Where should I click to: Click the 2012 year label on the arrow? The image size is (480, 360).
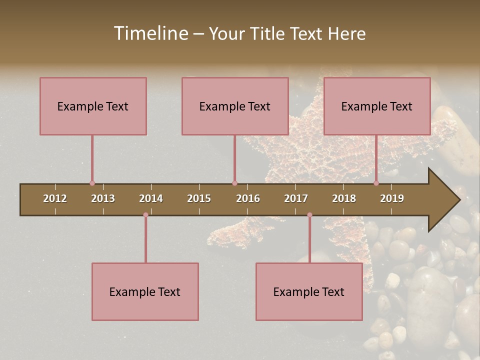point(55,198)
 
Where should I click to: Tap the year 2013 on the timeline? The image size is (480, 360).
point(103,198)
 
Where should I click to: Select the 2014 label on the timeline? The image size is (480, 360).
point(151,198)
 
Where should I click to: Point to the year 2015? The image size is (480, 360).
point(199,198)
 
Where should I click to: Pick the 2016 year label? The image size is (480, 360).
point(248,198)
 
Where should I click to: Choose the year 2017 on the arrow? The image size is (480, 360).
point(296,198)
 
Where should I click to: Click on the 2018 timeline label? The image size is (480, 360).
point(344,198)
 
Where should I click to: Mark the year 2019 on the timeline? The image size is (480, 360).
point(392,198)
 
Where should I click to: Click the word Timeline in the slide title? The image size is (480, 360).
point(150,33)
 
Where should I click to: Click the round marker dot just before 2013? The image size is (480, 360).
point(92,183)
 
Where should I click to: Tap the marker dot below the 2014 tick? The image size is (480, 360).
point(145,215)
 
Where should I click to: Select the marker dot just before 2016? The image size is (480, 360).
point(234,183)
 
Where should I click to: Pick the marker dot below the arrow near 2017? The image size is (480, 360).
point(309,215)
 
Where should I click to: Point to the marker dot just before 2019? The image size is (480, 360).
point(376,183)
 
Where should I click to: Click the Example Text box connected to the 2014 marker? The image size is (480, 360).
point(145,291)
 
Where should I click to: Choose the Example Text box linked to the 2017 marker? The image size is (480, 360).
point(309,291)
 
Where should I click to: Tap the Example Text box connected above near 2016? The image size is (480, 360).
point(235,106)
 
